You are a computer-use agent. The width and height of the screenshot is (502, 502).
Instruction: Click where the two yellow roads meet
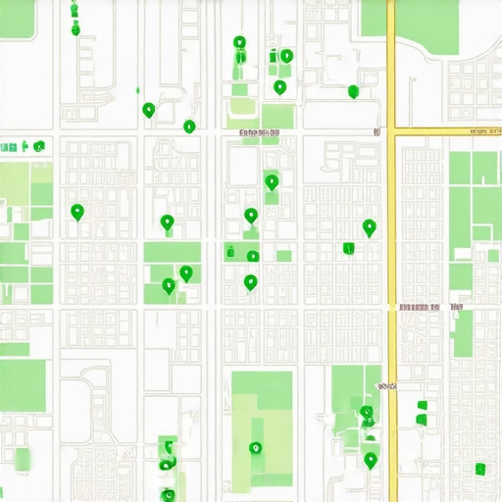[x=392, y=128]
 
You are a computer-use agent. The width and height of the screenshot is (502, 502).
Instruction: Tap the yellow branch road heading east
[x=447, y=128]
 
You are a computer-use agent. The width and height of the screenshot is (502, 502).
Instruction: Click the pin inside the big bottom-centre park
[x=256, y=448]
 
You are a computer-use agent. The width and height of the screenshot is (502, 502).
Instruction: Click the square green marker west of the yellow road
[x=348, y=248]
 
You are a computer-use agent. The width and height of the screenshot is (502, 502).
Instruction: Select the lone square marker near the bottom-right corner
[x=479, y=468]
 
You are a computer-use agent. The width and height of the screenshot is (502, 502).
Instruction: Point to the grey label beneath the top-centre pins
[x=257, y=130]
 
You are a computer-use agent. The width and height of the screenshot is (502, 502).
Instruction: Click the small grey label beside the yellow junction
[x=375, y=129]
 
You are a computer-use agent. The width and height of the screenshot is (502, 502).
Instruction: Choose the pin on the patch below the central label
[x=272, y=181]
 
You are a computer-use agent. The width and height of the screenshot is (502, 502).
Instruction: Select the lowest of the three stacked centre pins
[x=250, y=282]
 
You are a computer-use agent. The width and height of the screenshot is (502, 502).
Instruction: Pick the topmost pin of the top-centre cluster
[x=239, y=43]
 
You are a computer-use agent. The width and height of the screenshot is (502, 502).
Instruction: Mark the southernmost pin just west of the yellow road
[x=370, y=459]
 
